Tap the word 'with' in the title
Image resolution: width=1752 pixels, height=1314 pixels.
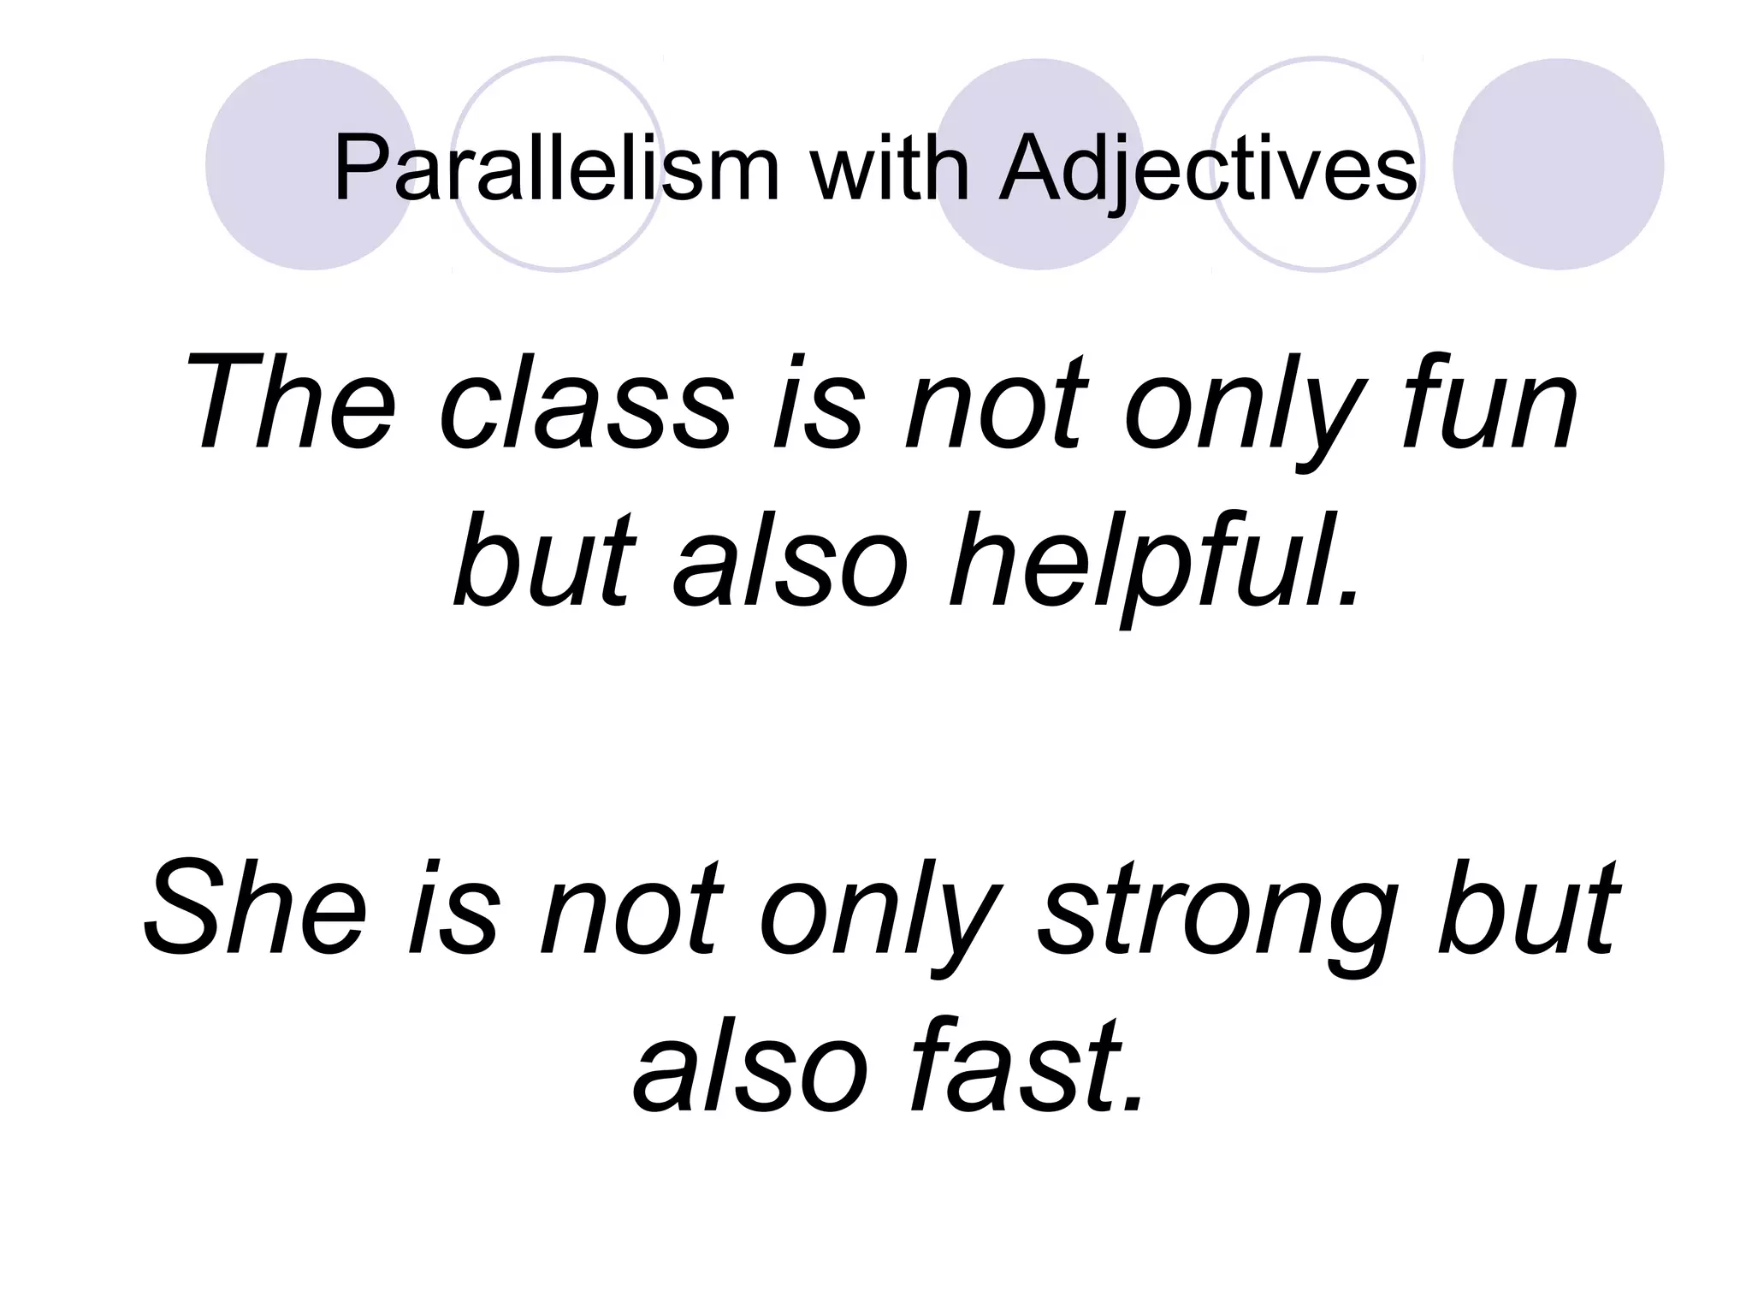(890, 169)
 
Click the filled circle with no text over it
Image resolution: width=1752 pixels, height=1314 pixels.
(1558, 163)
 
